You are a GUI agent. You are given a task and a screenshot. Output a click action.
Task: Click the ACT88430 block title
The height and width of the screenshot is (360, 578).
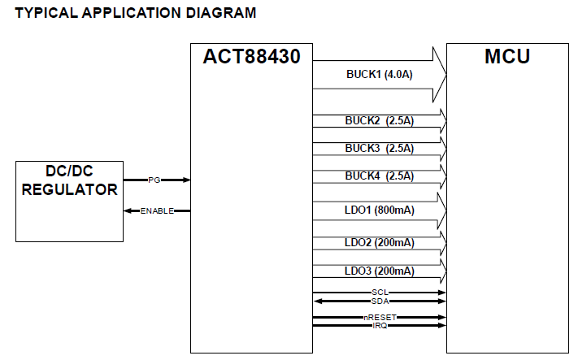pyautogui.click(x=251, y=58)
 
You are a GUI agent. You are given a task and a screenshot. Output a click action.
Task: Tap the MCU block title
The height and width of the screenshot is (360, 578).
pyautogui.click(x=506, y=57)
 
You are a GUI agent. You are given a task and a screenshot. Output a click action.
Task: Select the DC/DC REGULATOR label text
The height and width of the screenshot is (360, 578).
pyautogui.click(x=69, y=181)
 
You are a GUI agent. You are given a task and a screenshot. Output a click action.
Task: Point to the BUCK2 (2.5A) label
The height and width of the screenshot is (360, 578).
pyautogui.click(x=379, y=121)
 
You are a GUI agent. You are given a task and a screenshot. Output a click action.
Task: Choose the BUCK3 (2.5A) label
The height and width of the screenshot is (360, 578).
pyautogui.click(x=379, y=148)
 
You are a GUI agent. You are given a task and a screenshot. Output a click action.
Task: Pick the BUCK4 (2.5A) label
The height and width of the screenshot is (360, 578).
pyautogui.click(x=379, y=176)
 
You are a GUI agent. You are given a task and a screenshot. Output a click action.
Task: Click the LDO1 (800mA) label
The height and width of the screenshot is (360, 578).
pyautogui.click(x=379, y=210)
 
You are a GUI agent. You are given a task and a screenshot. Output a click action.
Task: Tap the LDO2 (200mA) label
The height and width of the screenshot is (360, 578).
pyautogui.click(x=379, y=242)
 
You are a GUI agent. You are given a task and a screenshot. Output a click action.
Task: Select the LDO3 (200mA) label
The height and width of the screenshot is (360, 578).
pyautogui.click(x=379, y=271)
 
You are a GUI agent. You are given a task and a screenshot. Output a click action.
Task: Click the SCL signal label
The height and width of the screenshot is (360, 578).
pyautogui.click(x=380, y=292)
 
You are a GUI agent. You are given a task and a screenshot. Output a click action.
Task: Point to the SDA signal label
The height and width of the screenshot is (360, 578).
pyautogui.click(x=380, y=301)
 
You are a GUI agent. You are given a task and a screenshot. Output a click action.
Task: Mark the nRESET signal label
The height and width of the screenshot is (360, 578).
pyautogui.click(x=380, y=317)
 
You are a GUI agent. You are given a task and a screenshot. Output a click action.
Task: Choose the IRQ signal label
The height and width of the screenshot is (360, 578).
pyautogui.click(x=380, y=325)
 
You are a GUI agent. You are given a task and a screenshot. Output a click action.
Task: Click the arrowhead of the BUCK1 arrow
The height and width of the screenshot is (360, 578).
pyautogui.click(x=441, y=73)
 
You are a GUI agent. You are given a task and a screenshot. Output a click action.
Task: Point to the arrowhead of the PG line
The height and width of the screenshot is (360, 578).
pyautogui.click(x=186, y=180)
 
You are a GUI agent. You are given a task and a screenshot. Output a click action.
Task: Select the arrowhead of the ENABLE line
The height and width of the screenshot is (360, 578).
pyautogui.click(x=127, y=211)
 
